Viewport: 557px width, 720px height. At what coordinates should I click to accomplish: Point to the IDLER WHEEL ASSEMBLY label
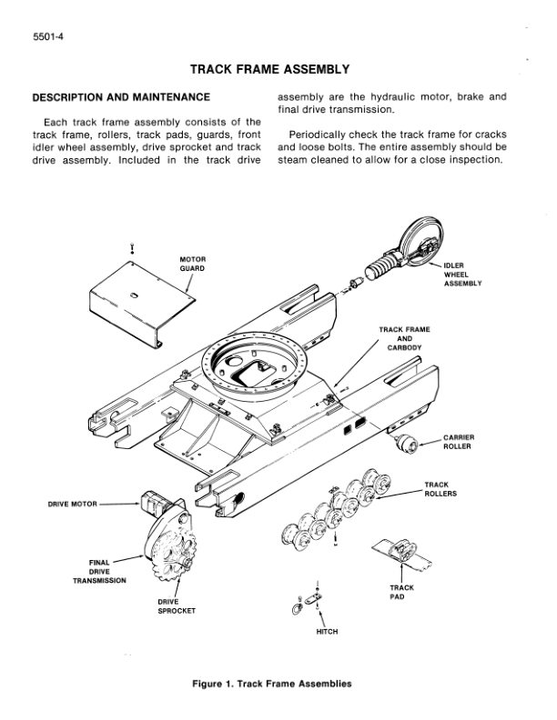point(461,275)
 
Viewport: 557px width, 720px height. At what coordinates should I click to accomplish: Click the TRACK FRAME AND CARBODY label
point(405,337)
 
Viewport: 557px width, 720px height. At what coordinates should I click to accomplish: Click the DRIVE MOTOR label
point(72,502)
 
